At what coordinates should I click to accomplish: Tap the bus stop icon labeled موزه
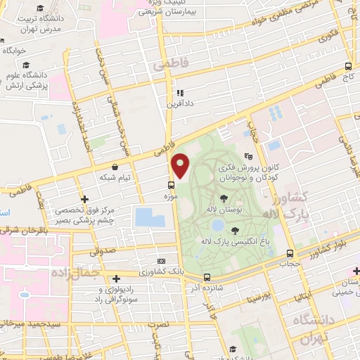(x=171, y=185)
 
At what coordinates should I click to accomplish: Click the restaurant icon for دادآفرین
(x=180, y=92)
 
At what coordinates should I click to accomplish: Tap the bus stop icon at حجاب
(x=290, y=254)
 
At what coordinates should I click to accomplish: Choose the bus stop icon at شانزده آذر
(x=206, y=277)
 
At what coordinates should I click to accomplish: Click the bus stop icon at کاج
(x=348, y=65)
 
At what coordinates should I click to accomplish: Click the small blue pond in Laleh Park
(x=218, y=225)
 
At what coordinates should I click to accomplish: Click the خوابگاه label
(x=14, y=51)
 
